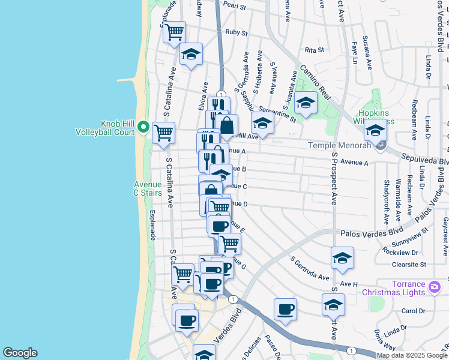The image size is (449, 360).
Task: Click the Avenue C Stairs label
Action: click(x=148, y=188)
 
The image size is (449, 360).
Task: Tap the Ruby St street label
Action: click(x=236, y=32)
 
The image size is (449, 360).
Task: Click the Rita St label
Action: click(x=315, y=50)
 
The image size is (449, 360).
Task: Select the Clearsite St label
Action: click(x=406, y=264)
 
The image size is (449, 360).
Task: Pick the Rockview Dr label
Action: click(x=399, y=252)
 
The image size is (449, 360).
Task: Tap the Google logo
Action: click(x=20, y=353)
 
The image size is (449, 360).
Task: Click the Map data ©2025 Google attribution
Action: click(x=412, y=355)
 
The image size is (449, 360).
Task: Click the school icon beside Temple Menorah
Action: click(x=376, y=130)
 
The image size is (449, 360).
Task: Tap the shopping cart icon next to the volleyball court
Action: click(x=163, y=132)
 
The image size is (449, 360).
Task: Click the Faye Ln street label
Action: click(x=355, y=53)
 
